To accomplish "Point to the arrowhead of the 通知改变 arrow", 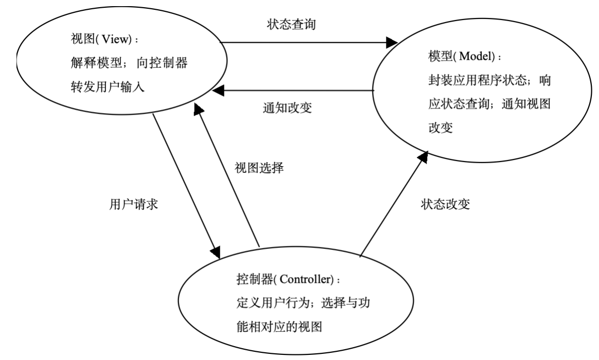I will (220, 91).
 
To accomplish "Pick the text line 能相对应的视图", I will (278, 327).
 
